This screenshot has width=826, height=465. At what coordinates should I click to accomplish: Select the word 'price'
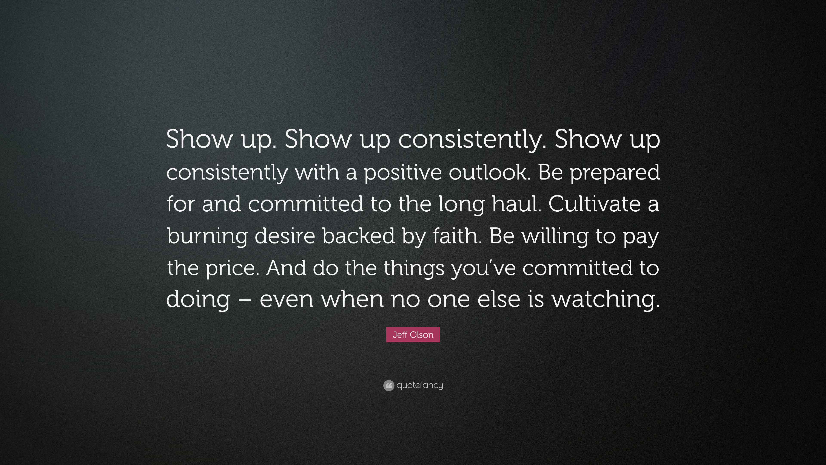(x=233, y=268)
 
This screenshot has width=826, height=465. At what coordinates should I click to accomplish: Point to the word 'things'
(x=414, y=268)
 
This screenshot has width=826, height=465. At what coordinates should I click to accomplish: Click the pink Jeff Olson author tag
(x=413, y=335)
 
